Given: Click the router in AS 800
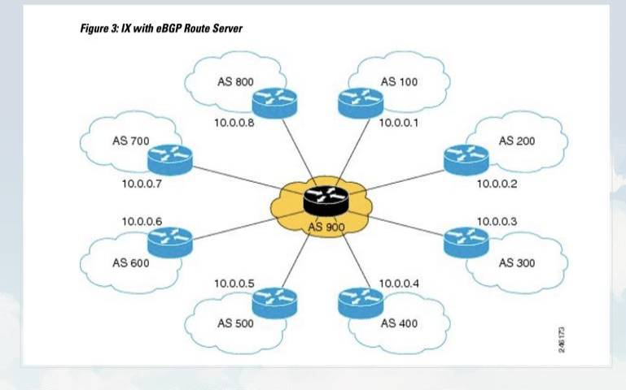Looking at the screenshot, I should (274, 101).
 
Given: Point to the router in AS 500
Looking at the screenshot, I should (274, 301).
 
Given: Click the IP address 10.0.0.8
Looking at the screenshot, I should (234, 123).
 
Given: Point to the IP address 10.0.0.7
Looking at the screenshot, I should (142, 184).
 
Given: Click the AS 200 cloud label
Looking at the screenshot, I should (517, 141).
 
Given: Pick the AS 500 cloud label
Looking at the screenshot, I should (235, 323).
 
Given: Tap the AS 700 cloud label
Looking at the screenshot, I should (130, 141).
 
